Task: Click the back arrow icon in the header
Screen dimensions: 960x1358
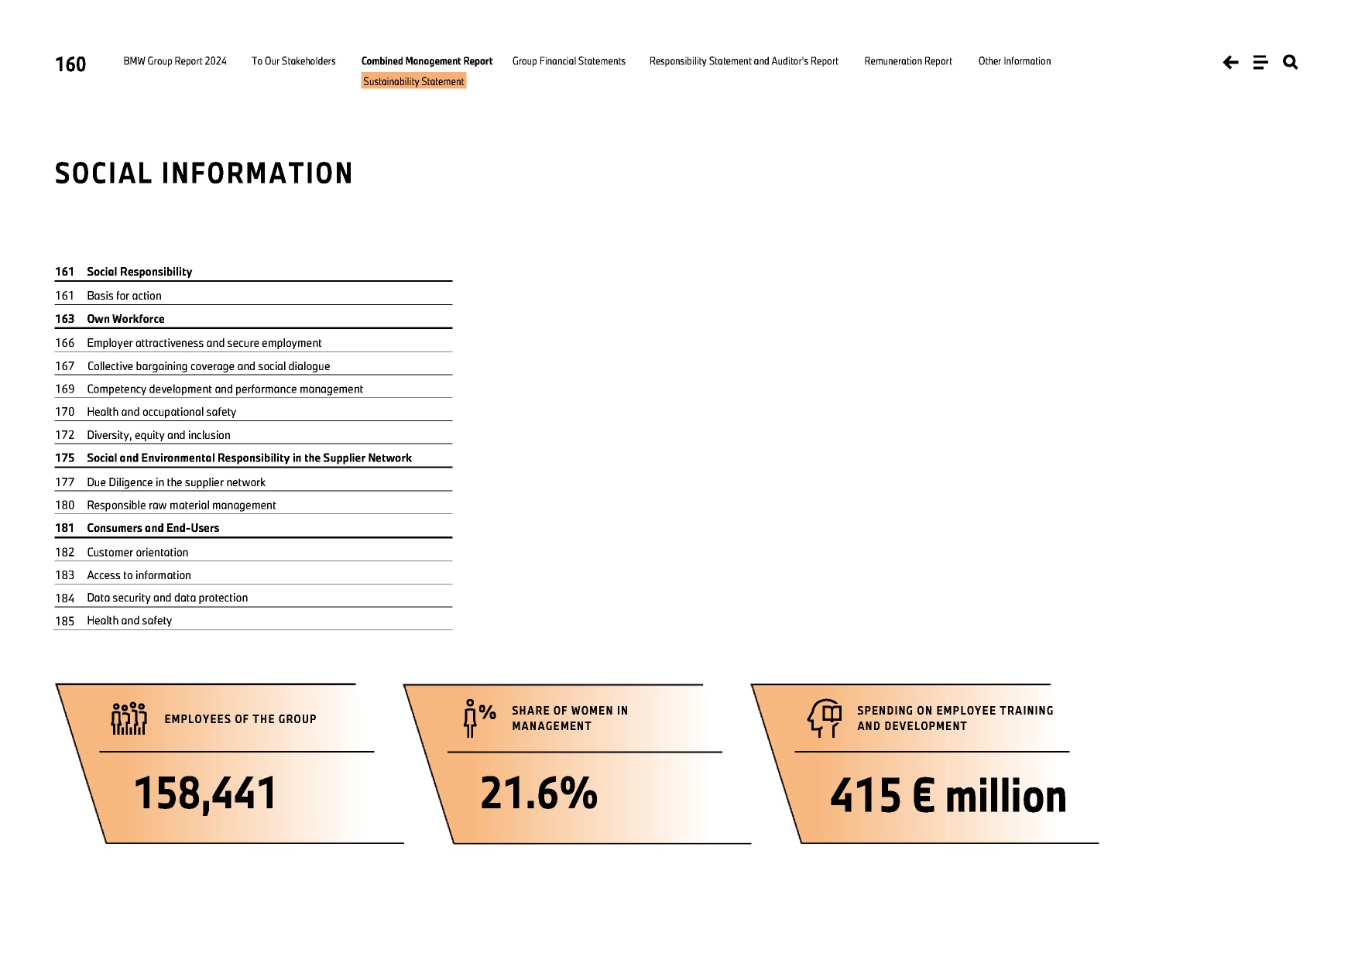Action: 1230,63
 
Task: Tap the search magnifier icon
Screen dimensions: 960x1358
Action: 1290,62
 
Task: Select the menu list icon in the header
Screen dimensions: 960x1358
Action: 1260,63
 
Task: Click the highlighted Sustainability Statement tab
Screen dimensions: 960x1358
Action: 413,81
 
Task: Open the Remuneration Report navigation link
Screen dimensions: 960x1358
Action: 908,61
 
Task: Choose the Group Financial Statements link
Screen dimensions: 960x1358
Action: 568,61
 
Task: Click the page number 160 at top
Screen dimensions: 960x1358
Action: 70,64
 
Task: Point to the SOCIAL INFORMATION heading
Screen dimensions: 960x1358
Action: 204,173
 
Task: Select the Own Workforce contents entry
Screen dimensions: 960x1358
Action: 125,319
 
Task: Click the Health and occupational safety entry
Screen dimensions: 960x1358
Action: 161,412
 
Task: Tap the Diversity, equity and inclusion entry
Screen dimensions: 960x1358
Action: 158,435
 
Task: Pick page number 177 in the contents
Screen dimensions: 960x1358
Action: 65,482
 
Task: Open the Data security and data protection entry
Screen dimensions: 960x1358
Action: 167,598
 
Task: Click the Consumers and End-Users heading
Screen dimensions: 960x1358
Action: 153,528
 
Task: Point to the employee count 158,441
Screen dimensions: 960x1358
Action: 205,794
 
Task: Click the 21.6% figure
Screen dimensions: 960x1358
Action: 539,794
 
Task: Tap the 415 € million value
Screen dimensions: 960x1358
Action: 948,796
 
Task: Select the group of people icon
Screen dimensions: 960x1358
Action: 129,718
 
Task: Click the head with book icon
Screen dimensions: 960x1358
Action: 825,718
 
